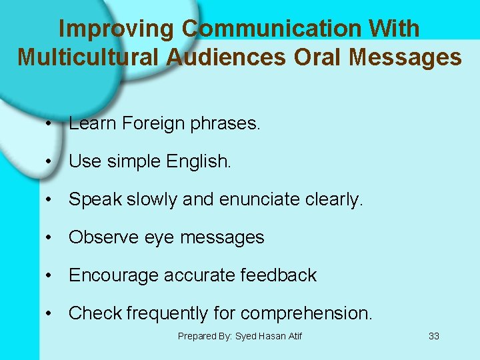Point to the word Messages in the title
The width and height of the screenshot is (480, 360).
point(405,57)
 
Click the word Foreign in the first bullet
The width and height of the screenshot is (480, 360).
point(156,123)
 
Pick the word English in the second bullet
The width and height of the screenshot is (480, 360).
point(198,161)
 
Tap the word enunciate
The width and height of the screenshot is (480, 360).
point(257,199)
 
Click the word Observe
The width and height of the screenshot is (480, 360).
point(102,237)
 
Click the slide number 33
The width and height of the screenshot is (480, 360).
point(433,336)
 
